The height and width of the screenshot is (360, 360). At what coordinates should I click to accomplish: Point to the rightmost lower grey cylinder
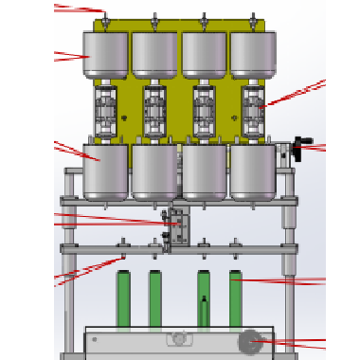253,172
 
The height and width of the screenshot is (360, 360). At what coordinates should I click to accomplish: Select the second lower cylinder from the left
154,172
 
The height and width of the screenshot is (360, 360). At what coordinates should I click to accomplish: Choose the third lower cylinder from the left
204,172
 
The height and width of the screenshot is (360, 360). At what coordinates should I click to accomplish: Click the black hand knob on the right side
302,148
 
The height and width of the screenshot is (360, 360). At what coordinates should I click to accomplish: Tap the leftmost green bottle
122,298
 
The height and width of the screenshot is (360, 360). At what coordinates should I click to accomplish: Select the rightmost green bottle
236,298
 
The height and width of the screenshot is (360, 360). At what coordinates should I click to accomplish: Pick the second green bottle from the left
154,298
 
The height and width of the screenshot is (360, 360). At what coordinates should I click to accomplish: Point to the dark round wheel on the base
251,341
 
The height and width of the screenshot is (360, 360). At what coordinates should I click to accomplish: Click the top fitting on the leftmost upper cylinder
106,20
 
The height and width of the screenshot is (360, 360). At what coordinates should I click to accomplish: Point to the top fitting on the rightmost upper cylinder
253,20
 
